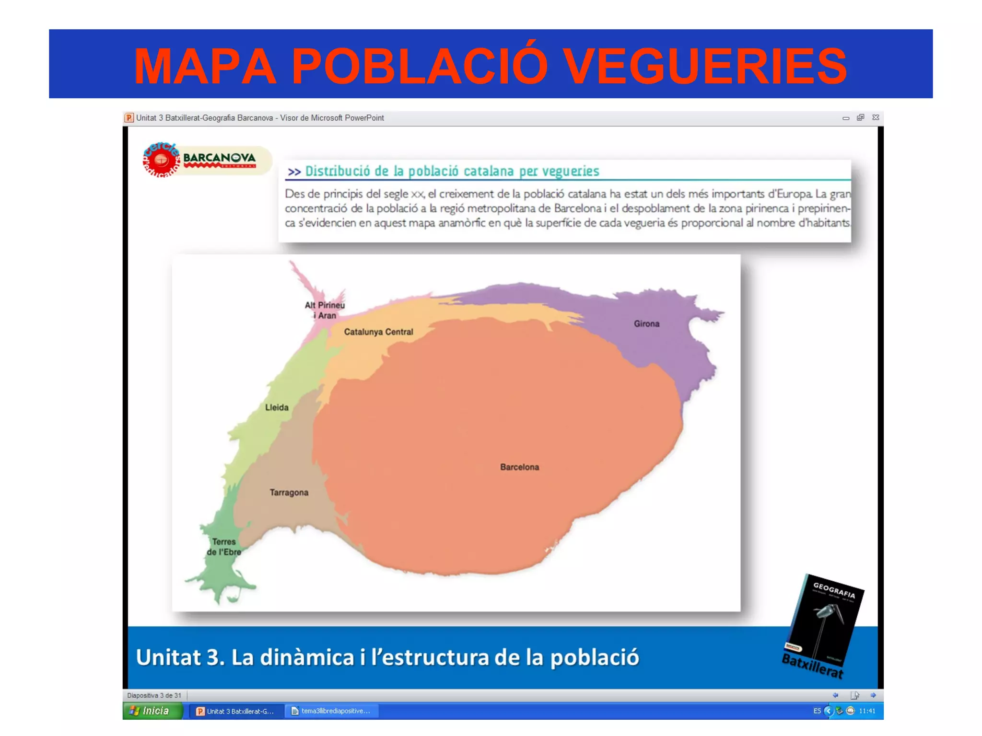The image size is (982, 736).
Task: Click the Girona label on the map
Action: click(x=646, y=324)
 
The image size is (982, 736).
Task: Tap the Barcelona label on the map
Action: click(x=519, y=467)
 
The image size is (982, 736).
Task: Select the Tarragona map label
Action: click(x=289, y=493)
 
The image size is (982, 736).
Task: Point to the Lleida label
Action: click(x=277, y=408)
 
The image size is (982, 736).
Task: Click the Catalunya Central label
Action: click(x=378, y=332)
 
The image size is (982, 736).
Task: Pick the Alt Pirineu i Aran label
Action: click(x=325, y=310)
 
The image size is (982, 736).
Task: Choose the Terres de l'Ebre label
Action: click(x=224, y=547)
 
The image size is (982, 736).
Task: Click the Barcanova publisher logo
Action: click(x=206, y=160)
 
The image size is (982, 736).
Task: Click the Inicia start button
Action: click(x=152, y=711)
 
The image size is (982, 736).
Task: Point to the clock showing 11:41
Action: click(x=867, y=711)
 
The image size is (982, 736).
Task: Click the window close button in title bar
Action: click(x=876, y=117)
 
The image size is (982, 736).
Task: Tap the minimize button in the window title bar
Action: click(x=846, y=118)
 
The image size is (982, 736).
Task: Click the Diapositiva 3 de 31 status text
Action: click(x=154, y=695)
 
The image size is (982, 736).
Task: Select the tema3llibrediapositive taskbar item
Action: click(x=332, y=711)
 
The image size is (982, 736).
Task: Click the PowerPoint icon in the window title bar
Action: click(x=129, y=118)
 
